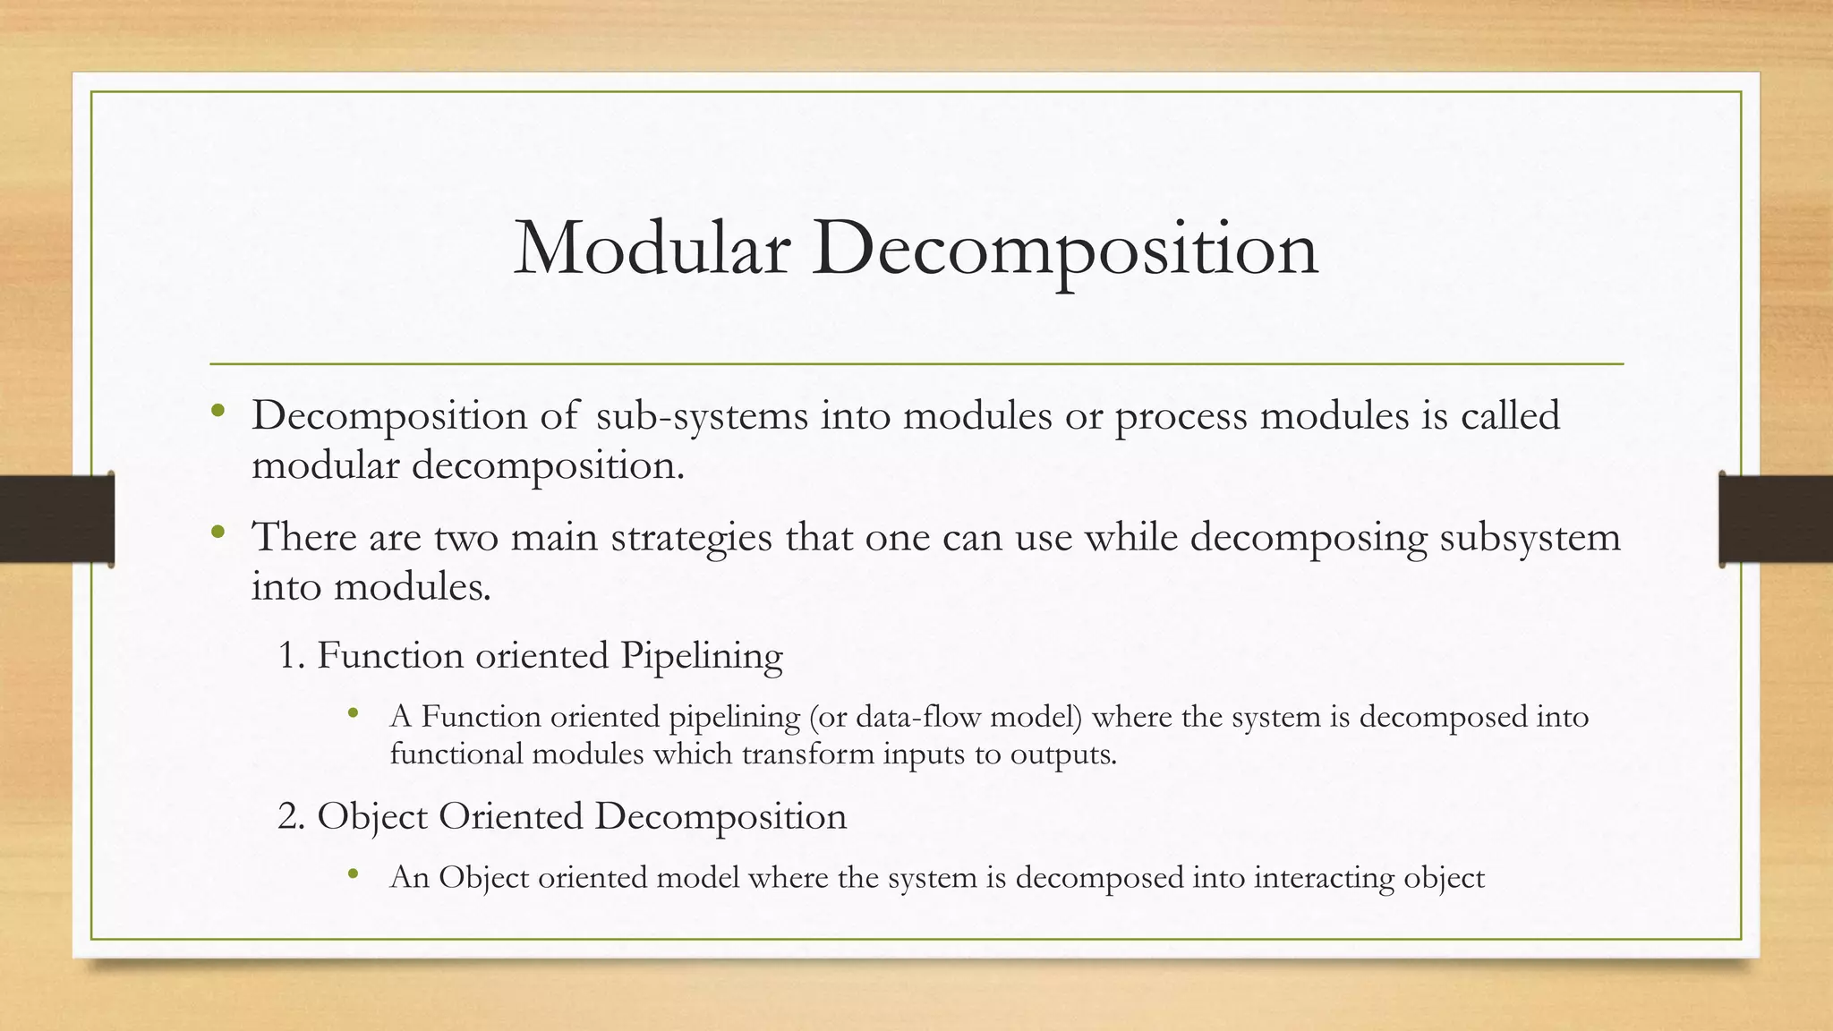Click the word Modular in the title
pyautogui.click(x=652, y=249)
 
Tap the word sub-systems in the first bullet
pyautogui.click(x=702, y=416)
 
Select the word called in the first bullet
pyautogui.click(x=1510, y=415)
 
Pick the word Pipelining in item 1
pyautogui.click(x=702, y=656)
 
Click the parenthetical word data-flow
pyautogui.click(x=922, y=717)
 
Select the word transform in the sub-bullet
pyautogui.click(x=811, y=754)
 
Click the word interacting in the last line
pyautogui.click(x=1323, y=878)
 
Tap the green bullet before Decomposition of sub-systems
pyautogui.click(x=217, y=413)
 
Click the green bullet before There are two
pyautogui.click(x=217, y=533)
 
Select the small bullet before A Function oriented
pyautogui.click(x=354, y=714)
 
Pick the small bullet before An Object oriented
pyautogui.click(x=354, y=874)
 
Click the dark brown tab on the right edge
pyautogui.click(x=1776, y=519)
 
